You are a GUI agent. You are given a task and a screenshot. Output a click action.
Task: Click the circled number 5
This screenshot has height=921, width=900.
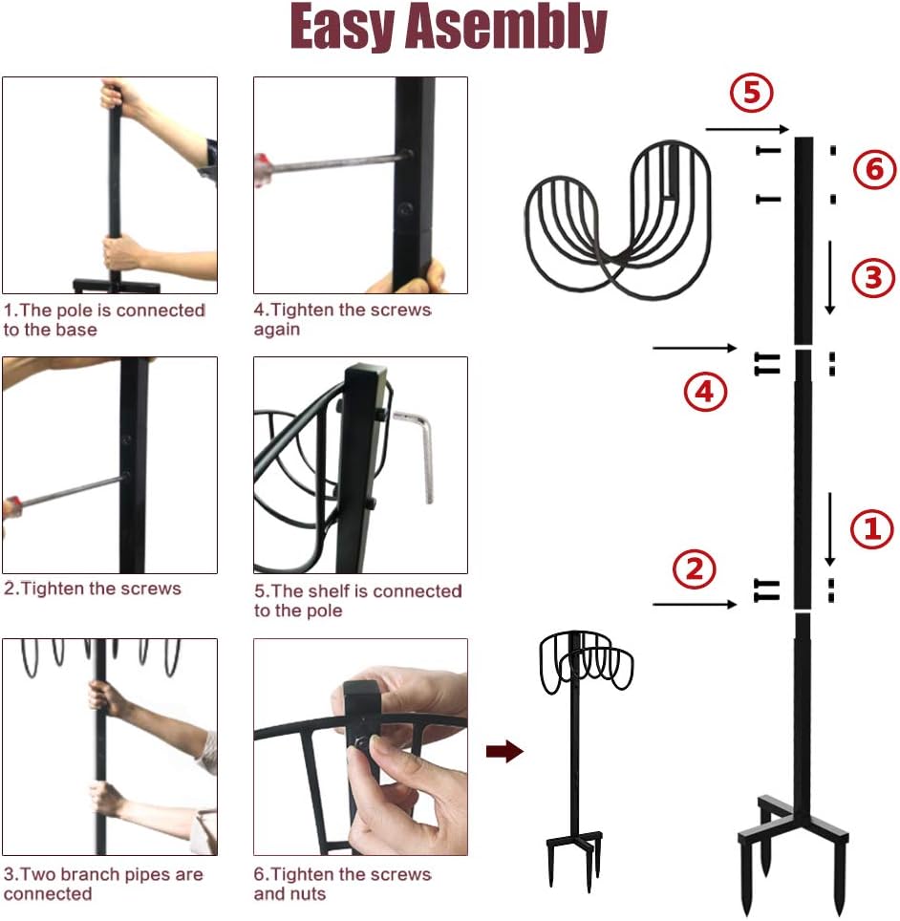(x=751, y=93)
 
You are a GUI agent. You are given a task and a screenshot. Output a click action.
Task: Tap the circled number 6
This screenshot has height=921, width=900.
(x=874, y=171)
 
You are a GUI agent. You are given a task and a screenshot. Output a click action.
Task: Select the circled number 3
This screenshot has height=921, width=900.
(x=872, y=278)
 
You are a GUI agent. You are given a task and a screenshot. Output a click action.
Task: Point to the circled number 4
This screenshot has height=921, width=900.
(x=704, y=391)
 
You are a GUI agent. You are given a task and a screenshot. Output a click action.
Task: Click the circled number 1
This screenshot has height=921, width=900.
(x=870, y=528)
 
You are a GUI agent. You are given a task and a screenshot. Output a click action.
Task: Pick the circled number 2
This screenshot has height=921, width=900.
(x=694, y=568)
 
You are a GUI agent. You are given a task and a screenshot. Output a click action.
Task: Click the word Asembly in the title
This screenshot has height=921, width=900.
(x=506, y=28)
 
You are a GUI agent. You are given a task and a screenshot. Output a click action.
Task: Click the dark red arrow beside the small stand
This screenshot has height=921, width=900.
(x=504, y=752)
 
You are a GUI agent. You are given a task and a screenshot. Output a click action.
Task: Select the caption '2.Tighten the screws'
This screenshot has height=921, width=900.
(x=93, y=589)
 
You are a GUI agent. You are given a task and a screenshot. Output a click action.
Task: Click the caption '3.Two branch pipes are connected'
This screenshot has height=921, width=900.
(x=103, y=884)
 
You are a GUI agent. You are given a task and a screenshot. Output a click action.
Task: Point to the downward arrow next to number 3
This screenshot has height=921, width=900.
(x=829, y=277)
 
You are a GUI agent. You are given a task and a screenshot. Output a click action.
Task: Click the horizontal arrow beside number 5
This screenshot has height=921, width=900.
(x=746, y=129)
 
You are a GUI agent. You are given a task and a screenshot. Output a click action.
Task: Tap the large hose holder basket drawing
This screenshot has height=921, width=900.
(x=618, y=220)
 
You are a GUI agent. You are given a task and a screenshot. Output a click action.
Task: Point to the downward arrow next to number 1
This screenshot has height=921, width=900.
(x=829, y=528)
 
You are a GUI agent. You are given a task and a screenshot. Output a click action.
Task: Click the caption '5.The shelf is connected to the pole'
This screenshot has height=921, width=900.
(x=358, y=601)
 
